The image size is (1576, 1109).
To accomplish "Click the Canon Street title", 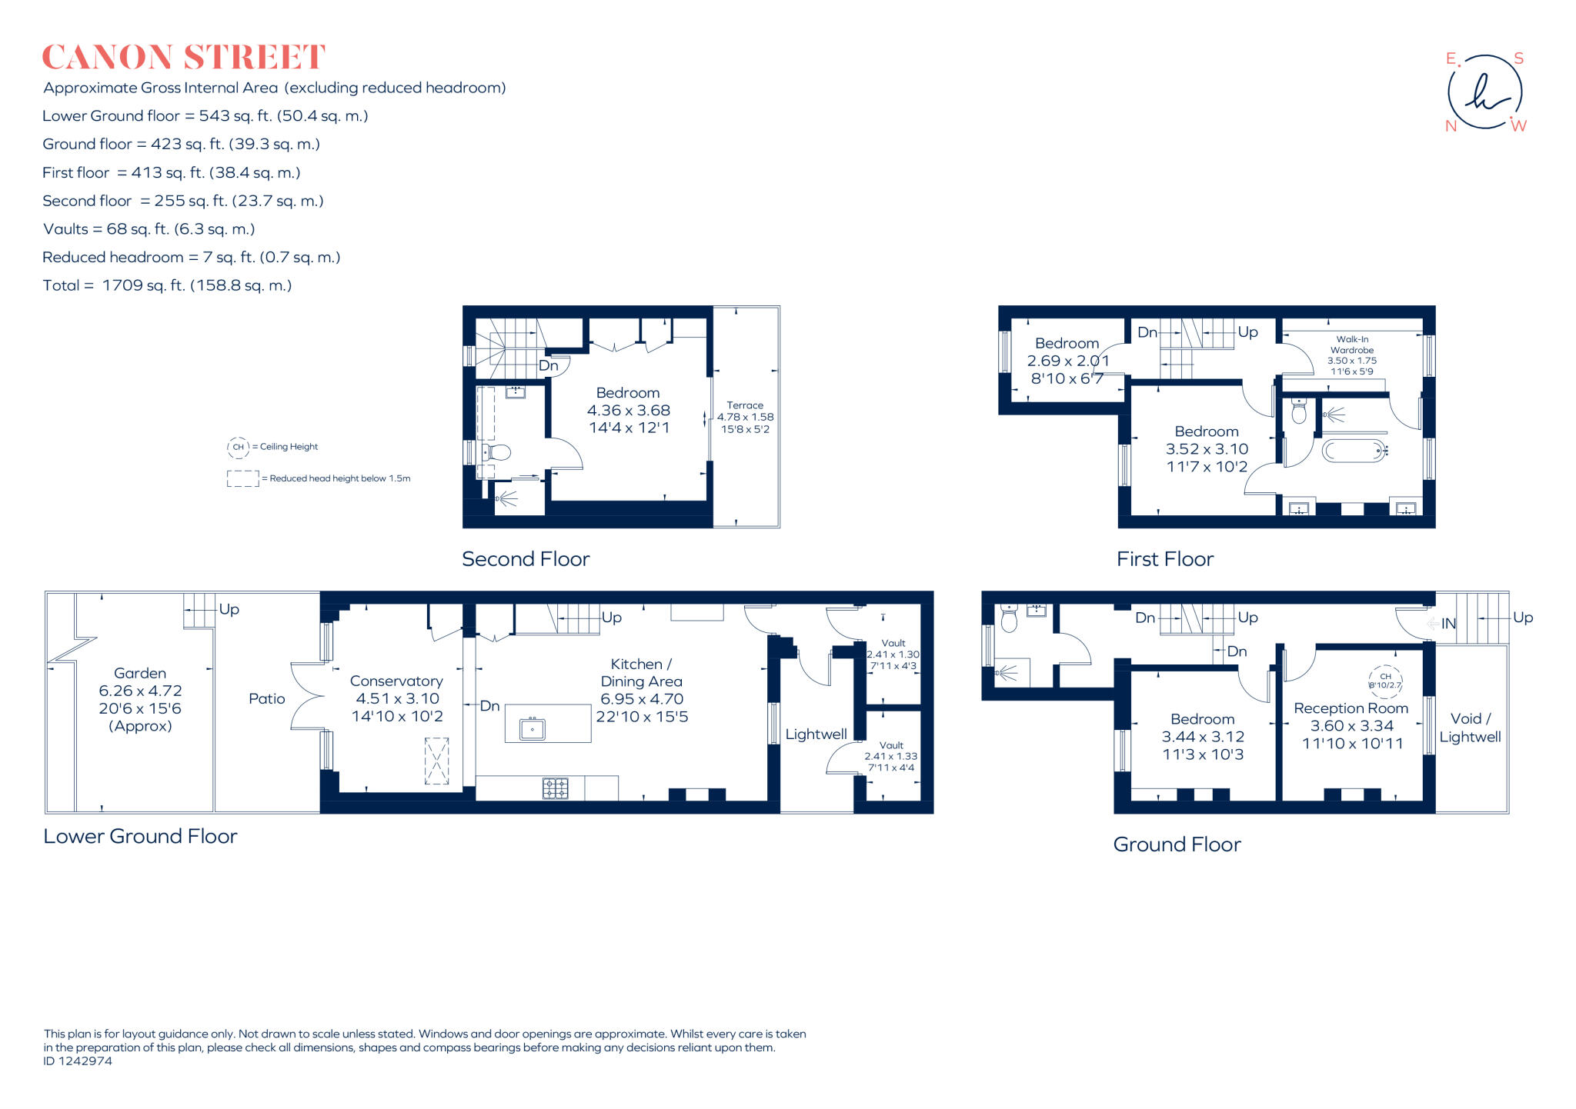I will (x=183, y=58).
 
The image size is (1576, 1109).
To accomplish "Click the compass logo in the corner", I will (x=1485, y=92).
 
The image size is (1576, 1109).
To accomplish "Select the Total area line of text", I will (x=167, y=285).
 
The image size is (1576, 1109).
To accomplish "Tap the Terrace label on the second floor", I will (x=745, y=405).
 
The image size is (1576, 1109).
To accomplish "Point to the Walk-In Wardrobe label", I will (x=1352, y=345).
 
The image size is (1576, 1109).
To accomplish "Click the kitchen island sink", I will (x=533, y=728).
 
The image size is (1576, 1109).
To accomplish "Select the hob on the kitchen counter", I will (x=556, y=788).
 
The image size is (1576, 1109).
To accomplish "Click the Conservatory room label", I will (x=396, y=681).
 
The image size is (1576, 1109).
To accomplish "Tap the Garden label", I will (x=140, y=674).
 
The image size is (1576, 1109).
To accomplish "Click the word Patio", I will (x=267, y=699).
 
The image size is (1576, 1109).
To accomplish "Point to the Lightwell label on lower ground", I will (x=816, y=734).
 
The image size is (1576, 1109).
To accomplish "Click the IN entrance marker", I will (x=1447, y=624).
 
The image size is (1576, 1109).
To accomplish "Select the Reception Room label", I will (x=1351, y=708).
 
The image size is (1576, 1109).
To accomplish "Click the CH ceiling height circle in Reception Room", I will (x=1385, y=681).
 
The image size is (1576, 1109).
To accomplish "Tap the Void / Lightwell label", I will (x=1470, y=728).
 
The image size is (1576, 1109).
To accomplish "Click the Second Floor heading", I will (x=526, y=559).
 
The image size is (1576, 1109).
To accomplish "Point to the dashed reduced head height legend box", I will (x=242, y=478).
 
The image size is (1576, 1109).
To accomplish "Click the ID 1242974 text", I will (x=78, y=1061).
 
